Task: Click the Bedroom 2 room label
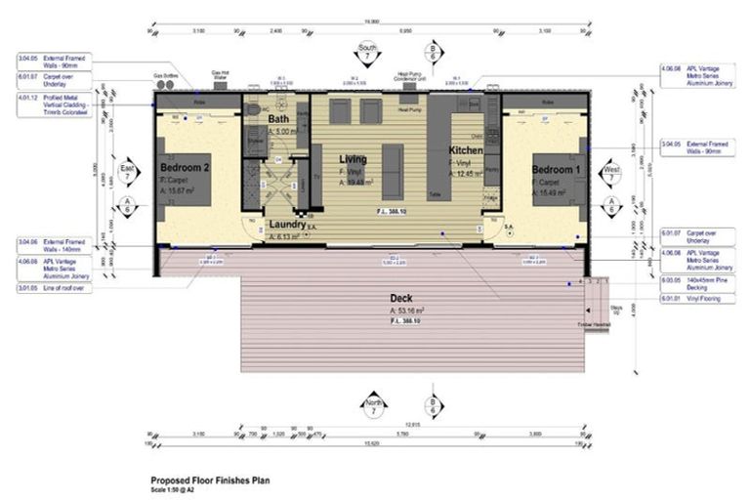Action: [x=185, y=168]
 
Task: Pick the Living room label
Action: [x=353, y=158]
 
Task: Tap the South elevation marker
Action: [x=367, y=51]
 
